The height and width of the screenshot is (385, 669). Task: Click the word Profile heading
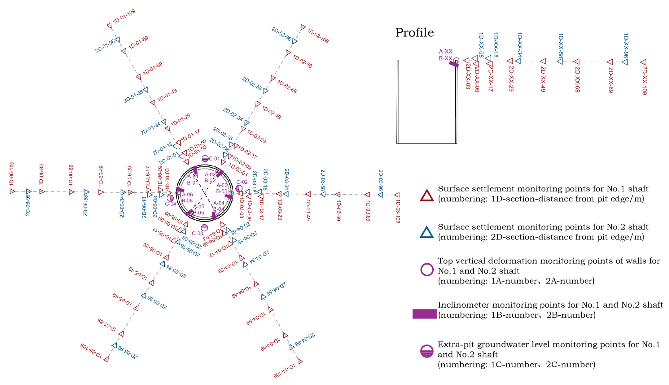[414, 33]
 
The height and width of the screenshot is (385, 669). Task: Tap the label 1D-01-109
[124, 16]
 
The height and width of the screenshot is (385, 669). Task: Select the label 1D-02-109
[318, 36]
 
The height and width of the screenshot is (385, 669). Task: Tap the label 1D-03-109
[398, 212]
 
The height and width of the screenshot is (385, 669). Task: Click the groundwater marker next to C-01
[205, 159]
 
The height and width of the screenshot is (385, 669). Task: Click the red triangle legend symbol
[427, 196]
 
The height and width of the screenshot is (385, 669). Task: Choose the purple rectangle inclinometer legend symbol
[424, 314]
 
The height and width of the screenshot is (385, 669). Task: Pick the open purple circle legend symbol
[427, 270]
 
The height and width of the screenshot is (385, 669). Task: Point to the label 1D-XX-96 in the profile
[626, 45]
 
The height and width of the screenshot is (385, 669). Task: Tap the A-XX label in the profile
[446, 51]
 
